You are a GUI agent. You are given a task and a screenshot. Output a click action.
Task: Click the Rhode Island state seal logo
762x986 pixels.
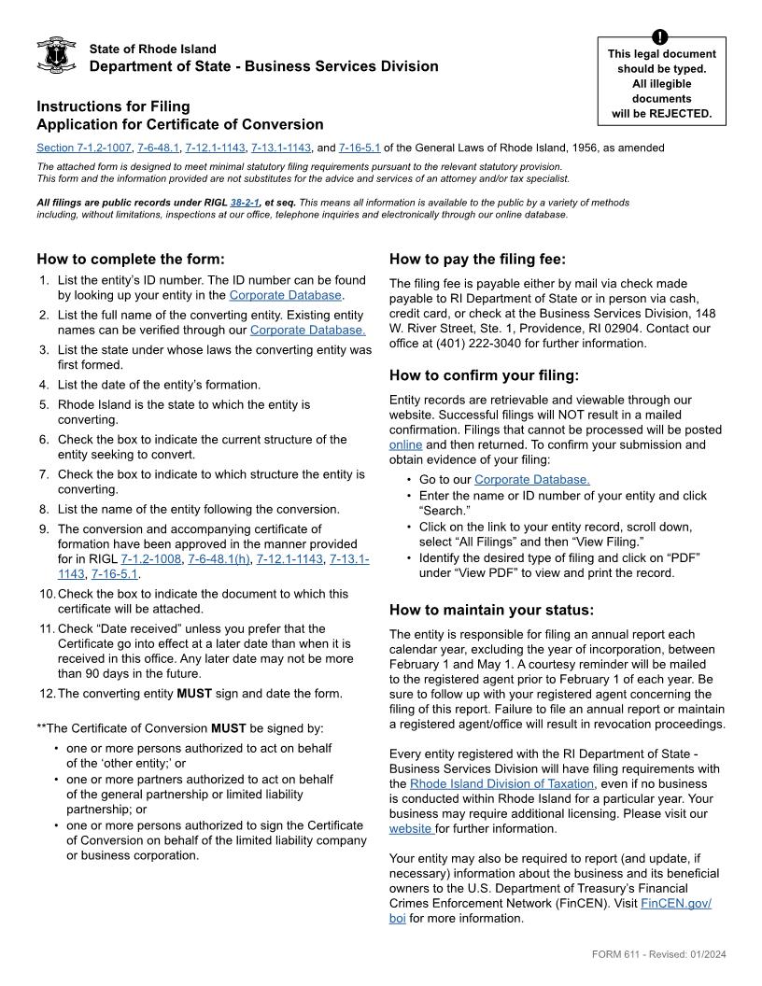[x=55, y=56]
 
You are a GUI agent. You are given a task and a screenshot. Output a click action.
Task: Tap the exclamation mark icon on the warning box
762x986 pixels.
[x=661, y=37]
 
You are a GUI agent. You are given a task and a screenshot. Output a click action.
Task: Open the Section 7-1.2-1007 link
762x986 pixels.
[x=83, y=148]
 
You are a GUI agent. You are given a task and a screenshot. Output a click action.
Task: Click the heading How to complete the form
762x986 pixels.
[x=131, y=260]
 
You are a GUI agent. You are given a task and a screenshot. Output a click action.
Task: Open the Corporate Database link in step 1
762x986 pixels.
[x=286, y=295]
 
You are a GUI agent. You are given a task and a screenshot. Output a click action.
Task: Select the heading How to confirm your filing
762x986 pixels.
[x=484, y=376]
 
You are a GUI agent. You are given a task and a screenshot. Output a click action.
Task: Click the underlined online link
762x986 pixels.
[x=405, y=445]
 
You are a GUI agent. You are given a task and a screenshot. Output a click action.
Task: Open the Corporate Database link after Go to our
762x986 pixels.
[x=532, y=480]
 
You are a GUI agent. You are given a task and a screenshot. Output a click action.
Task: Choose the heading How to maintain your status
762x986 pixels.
[x=491, y=611]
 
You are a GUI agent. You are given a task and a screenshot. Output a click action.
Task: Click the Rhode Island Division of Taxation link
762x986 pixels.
[x=501, y=783]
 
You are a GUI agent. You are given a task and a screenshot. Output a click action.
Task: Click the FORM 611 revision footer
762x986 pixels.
[x=658, y=954]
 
